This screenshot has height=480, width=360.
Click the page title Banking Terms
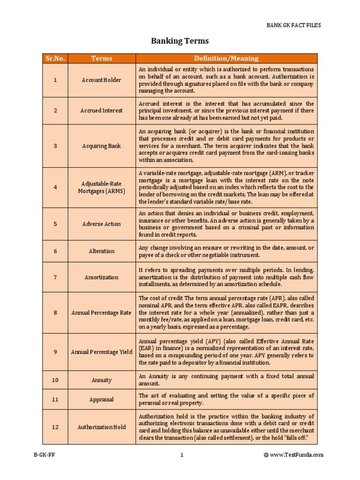coord(180,41)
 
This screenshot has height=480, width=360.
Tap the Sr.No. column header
coord(55,58)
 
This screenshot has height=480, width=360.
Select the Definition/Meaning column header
coord(226,58)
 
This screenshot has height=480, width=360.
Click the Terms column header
coord(102,58)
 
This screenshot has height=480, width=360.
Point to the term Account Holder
coord(101,80)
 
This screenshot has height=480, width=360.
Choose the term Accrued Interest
coord(102,111)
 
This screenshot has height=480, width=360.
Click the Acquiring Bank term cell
coord(102,146)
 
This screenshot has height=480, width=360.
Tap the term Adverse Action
coord(102,224)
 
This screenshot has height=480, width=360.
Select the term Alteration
coord(102,251)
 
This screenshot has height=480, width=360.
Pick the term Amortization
coord(102,277)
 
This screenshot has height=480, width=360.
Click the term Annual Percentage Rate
coord(102,313)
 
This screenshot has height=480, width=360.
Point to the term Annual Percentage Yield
coord(102,352)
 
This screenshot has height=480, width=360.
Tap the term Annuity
coord(102,380)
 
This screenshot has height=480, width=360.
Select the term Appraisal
coord(102,400)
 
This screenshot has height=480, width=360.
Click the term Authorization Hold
coord(102,427)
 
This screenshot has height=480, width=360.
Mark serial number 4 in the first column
coord(55,187)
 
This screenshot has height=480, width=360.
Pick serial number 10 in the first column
coord(55,380)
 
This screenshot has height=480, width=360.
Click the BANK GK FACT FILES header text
coord(294,25)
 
